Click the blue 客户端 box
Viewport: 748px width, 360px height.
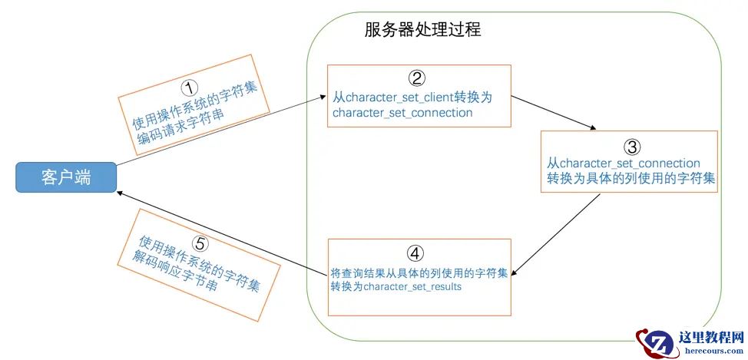[66, 178]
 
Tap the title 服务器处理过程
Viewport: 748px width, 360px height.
[422, 30]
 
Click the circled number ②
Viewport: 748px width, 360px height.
[416, 78]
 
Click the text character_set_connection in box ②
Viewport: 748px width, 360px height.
[402, 113]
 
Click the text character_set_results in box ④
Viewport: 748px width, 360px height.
[412, 286]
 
